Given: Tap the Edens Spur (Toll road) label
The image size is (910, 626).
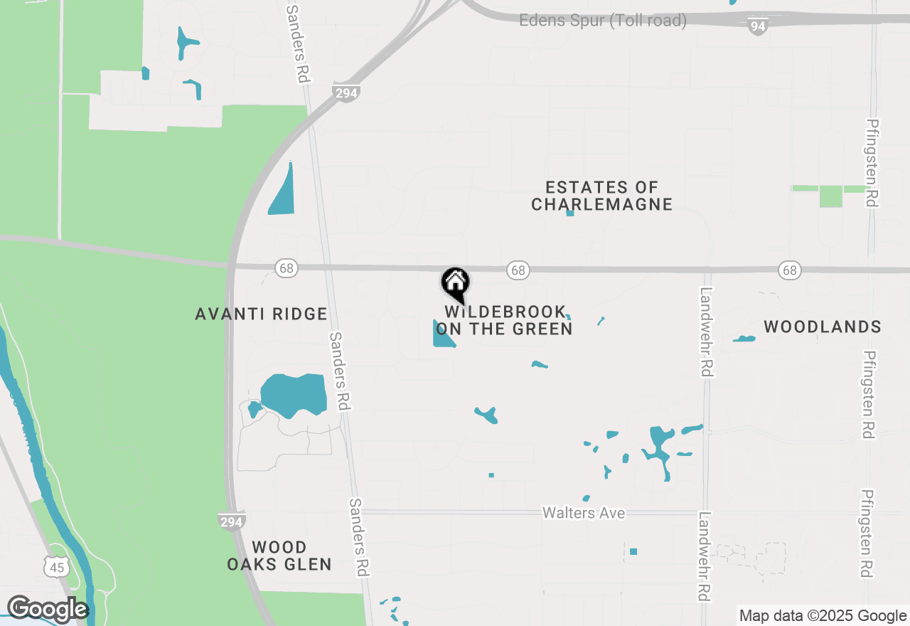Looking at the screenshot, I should click(x=603, y=21).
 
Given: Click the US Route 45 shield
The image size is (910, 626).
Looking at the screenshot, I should click(x=56, y=567).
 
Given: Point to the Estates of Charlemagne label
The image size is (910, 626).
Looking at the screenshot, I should click(x=601, y=196).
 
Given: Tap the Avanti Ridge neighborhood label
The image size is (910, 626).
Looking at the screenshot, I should click(x=261, y=314).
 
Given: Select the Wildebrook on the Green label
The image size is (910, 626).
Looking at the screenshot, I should click(x=504, y=320).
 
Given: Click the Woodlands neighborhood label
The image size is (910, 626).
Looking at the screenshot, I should click(x=823, y=327).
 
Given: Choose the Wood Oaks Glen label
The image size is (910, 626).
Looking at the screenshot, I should click(x=279, y=556).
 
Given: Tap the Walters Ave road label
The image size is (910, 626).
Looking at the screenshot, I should click(x=584, y=512).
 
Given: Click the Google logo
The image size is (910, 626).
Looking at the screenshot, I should click(x=48, y=609).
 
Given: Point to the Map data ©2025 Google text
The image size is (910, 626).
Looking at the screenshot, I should click(x=823, y=616).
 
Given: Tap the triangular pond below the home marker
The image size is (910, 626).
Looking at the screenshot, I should click(x=441, y=336).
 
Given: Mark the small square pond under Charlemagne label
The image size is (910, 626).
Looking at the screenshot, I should click(x=569, y=213).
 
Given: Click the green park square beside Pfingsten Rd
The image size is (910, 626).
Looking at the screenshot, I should click(x=830, y=196).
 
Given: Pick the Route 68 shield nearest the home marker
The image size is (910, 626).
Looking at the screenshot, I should click(x=518, y=270).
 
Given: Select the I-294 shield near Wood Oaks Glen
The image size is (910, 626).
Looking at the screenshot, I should click(x=232, y=521).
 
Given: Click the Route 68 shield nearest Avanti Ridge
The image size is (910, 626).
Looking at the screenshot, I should click(x=287, y=268).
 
